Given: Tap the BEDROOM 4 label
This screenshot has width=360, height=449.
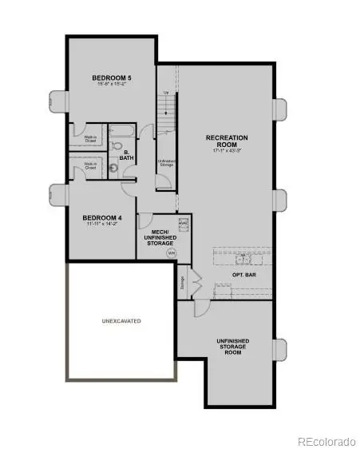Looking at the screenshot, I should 103,217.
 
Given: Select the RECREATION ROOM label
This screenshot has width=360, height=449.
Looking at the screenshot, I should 227,141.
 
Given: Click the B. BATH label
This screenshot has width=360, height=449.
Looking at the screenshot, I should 126,154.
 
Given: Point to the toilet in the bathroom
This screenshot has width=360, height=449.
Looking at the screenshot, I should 117,146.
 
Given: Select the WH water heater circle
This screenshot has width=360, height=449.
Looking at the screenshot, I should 170,252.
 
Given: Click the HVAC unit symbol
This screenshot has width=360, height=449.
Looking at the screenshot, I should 182,222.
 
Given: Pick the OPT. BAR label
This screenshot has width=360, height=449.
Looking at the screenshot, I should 243,274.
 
